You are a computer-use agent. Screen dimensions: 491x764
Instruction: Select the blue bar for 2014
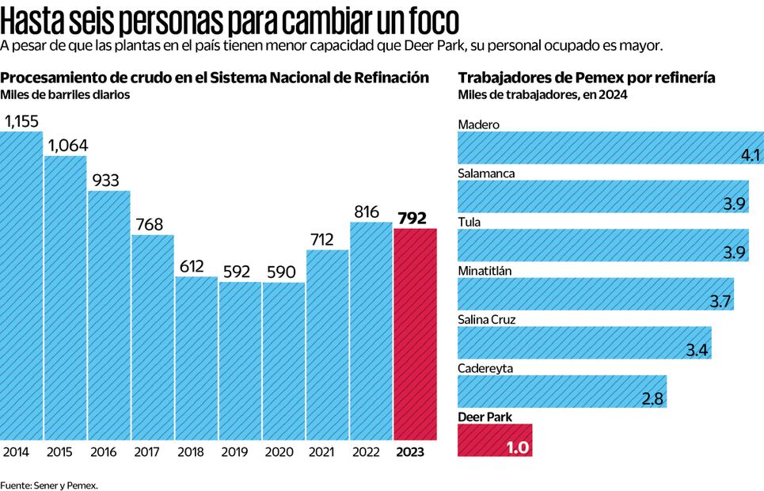tap(21, 285)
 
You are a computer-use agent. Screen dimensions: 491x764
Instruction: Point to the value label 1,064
tap(67, 146)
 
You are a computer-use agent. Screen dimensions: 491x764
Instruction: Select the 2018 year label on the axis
tap(191, 452)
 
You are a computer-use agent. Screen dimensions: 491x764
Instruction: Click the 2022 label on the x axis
tap(371, 452)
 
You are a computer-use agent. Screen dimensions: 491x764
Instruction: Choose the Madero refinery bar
tap(610, 147)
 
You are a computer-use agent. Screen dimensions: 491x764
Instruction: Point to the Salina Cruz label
tap(488, 319)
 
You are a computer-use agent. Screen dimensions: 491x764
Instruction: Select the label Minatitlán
tap(485, 271)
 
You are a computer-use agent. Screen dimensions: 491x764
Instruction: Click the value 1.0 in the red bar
tap(518, 447)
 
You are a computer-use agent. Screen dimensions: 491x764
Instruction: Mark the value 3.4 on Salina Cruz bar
tap(697, 350)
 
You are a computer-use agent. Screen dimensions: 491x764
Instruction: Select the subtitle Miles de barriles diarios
tap(65, 95)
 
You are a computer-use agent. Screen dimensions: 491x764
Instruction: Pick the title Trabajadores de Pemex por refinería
tap(587, 78)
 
